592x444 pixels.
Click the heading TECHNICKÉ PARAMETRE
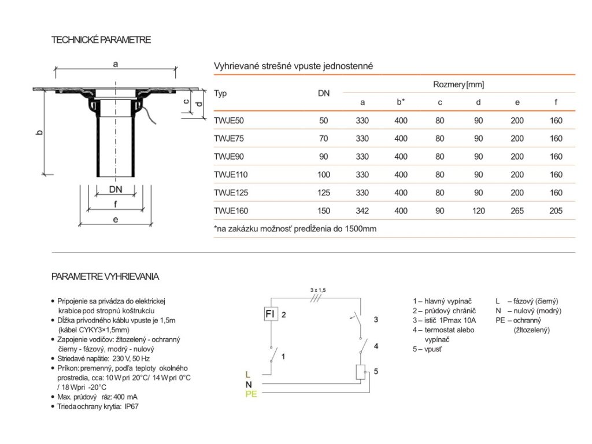(101, 40)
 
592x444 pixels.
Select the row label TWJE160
(231, 211)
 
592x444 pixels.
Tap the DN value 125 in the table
(323, 193)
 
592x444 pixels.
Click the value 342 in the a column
(362, 211)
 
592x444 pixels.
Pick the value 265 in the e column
(517, 211)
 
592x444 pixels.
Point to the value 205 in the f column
(556, 211)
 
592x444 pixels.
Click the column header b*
(401, 102)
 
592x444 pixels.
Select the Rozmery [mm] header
(458, 85)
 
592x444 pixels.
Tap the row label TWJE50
(229, 121)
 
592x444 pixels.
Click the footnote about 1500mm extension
(295, 229)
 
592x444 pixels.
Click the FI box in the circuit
(270, 314)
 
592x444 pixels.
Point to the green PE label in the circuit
(251, 394)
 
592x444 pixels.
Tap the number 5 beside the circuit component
(376, 372)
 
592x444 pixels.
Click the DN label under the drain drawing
(116, 189)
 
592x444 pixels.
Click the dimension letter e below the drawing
(116, 220)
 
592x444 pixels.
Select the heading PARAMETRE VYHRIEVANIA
(105, 276)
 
